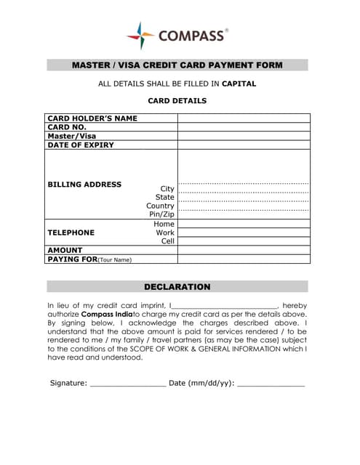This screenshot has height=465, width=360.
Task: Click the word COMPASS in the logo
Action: (190, 36)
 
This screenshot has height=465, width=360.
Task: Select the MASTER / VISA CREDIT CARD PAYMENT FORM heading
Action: (177, 65)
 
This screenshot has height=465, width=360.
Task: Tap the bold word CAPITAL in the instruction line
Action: (239, 84)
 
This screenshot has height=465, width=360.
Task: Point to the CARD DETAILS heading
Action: (177, 101)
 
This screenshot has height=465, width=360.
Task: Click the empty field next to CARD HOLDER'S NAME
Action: (244, 118)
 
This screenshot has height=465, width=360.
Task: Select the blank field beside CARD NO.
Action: (244, 127)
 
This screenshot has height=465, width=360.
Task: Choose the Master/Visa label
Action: (71, 136)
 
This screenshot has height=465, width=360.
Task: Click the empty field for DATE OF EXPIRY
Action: (244, 145)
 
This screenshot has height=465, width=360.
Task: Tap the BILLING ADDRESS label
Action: (84, 185)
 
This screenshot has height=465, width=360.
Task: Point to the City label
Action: (167, 189)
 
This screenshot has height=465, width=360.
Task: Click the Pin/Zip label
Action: (161, 214)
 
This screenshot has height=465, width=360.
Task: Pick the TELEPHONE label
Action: (71, 232)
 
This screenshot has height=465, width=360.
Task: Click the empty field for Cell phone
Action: (244, 241)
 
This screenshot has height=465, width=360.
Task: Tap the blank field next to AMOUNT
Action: (244, 250)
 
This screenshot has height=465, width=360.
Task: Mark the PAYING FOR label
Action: (72, 259)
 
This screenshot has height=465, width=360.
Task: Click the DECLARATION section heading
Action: (177, 287)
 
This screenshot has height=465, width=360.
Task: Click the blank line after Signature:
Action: (128, 383)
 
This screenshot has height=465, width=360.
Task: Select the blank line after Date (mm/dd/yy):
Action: (271, 383)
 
